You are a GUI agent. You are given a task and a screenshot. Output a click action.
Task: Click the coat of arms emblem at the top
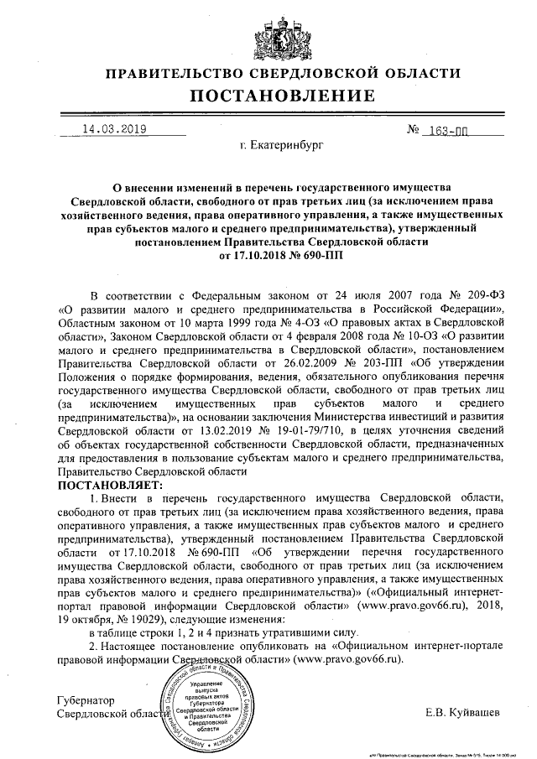(268, 34)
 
